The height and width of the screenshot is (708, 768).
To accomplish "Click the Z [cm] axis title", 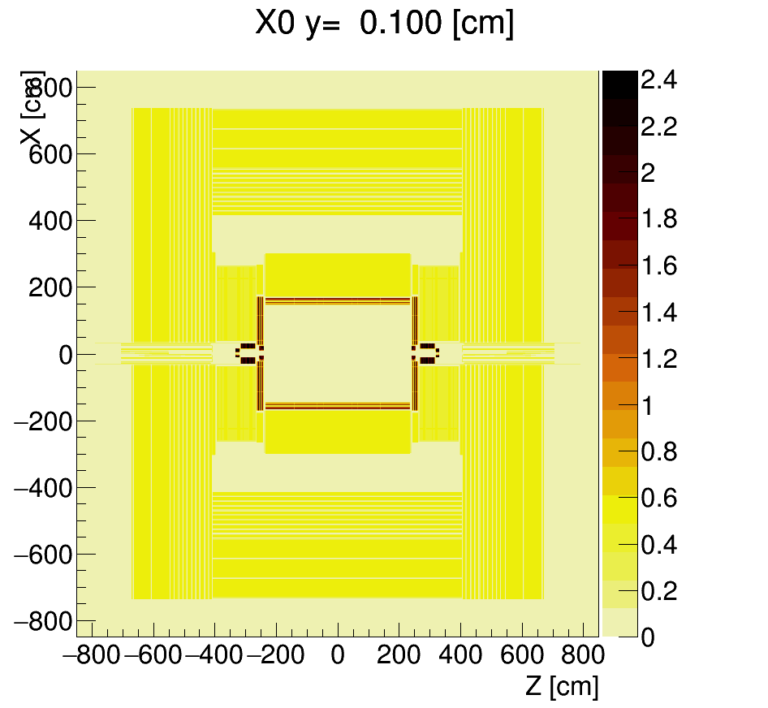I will pos(562,687).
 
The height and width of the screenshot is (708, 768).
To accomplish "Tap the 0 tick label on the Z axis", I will pos(338,655).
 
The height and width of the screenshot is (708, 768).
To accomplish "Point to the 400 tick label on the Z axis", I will pos(461,655).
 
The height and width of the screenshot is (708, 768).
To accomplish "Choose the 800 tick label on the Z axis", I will pos(583,655).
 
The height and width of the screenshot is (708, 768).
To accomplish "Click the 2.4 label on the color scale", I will pos(658,80).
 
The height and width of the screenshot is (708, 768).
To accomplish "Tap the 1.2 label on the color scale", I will pos(658,359).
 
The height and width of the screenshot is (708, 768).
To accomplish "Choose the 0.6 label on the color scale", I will pos(658,498).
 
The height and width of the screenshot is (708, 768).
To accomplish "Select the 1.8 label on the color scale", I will pos(658,220).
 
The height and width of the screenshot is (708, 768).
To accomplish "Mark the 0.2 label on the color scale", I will pos(658,591).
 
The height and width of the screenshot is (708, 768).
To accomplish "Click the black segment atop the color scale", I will pos(619,84).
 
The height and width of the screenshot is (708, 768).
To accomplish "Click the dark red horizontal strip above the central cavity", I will pos(338,300).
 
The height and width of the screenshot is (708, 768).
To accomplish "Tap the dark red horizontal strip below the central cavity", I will pos(338,405).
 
